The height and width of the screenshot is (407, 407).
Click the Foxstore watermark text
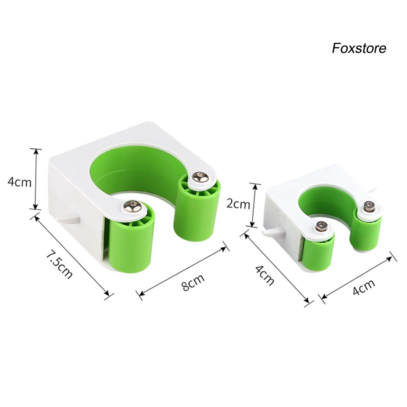359,48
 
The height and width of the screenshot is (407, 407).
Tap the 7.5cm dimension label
59,265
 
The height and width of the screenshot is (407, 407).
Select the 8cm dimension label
193,282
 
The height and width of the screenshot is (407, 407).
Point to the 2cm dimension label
238,204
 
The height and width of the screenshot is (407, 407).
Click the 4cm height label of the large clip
19,182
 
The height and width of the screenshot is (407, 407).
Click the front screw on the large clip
133,206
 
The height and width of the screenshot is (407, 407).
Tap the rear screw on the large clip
201,178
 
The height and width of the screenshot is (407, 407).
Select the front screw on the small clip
322,226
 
